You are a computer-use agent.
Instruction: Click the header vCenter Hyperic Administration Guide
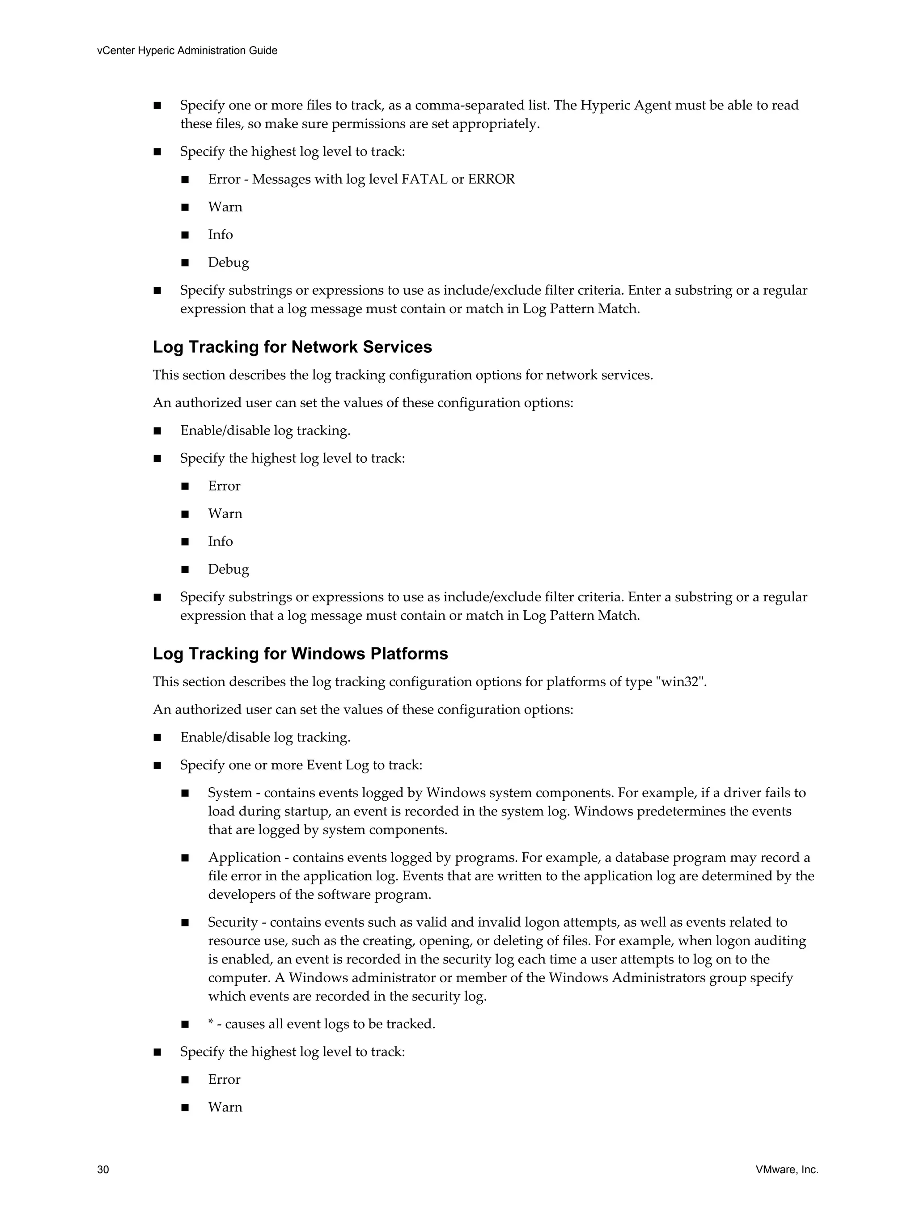tap(187, 51)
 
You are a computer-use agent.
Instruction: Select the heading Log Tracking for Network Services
tap(292, 347)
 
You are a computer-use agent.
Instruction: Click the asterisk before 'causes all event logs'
tap(210, 1024)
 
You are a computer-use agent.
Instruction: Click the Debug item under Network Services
tap(228, 569)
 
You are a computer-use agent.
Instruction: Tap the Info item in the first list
tap(221, 235)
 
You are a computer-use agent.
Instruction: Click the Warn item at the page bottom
tap(225, 1107)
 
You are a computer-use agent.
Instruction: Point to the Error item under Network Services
tap(224, 486)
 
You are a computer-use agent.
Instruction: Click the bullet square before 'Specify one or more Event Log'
tap(157, 765)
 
